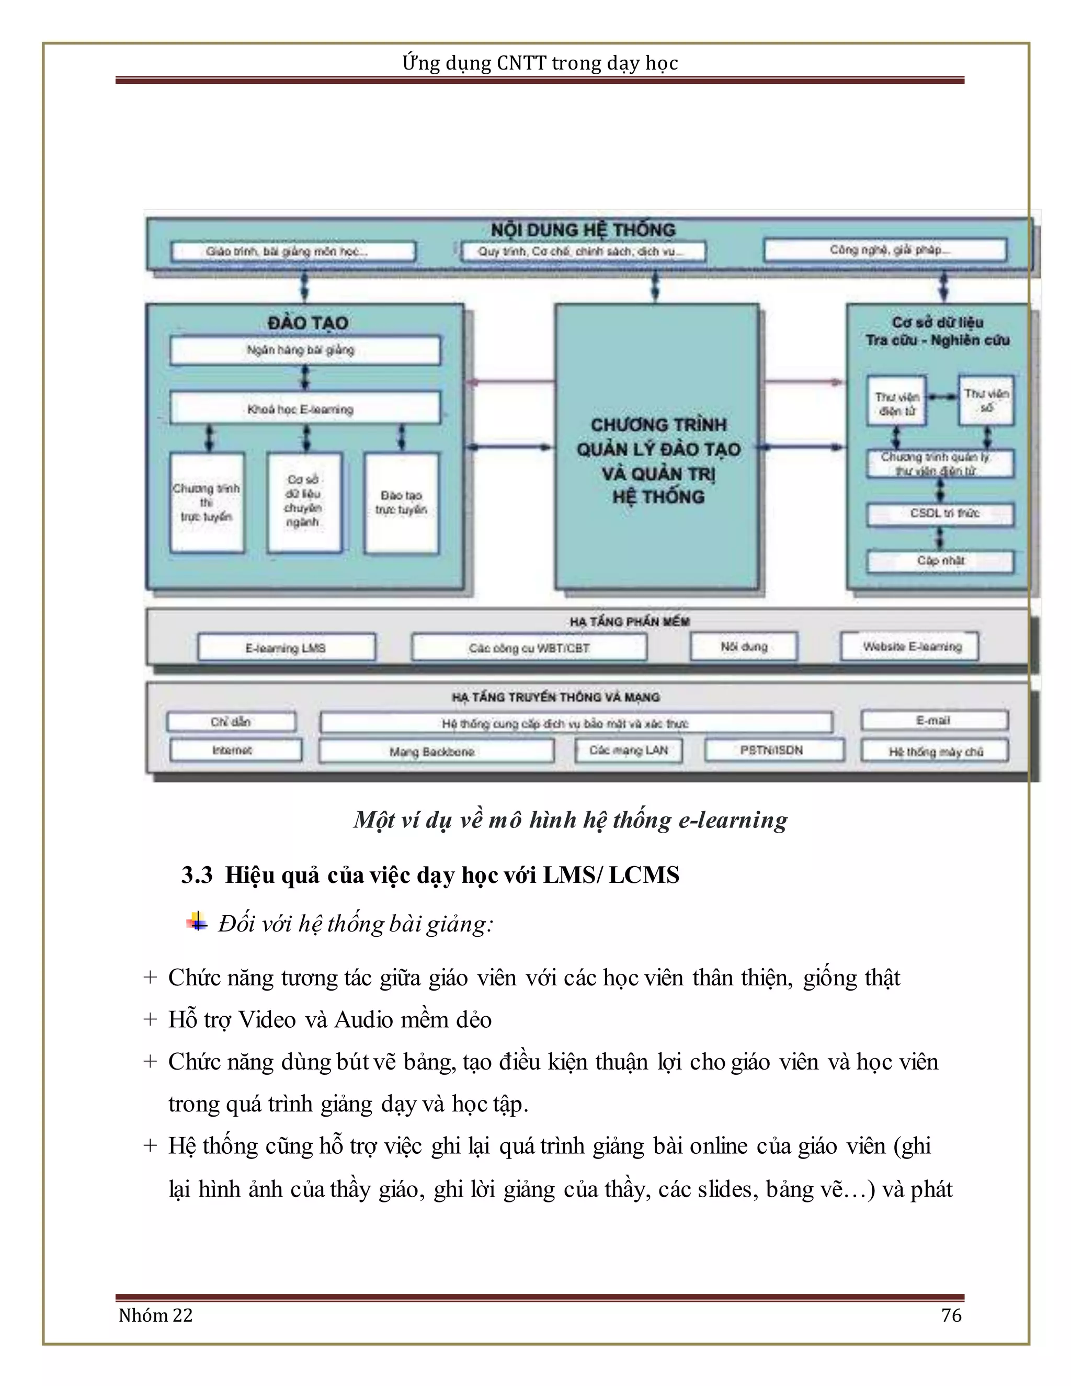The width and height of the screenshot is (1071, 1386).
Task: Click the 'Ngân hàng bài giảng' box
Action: coord(304,350)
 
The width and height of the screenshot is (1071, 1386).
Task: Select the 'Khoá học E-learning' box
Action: coord(304,408)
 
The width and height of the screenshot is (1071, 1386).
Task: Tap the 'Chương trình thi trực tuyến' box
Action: coord(207,502)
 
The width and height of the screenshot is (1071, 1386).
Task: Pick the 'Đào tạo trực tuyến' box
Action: coord(401,502)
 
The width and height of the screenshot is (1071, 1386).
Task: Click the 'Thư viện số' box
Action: coord(986,401)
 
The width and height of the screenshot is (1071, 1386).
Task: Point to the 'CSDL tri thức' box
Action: coord(940,514)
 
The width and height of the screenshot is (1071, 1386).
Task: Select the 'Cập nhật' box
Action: coord(940,561)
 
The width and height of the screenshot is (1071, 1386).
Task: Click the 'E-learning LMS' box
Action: coord(286,648)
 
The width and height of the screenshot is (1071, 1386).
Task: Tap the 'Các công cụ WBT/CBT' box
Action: coord(529,648)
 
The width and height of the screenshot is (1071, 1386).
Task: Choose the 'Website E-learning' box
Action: coord(910,646)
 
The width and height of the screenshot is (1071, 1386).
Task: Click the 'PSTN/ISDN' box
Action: coord(773,750)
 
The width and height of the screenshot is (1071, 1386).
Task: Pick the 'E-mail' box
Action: coord(934,720)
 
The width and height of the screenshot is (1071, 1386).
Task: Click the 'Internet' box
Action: coord(235,750)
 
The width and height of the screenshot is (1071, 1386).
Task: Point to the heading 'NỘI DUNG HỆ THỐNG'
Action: coord(583,230)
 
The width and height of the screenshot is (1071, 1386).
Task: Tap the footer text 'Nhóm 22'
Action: coord(155,1315)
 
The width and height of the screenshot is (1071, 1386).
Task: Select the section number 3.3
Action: coord(197,875)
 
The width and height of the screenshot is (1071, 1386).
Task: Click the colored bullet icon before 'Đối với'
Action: coord(197,922)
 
